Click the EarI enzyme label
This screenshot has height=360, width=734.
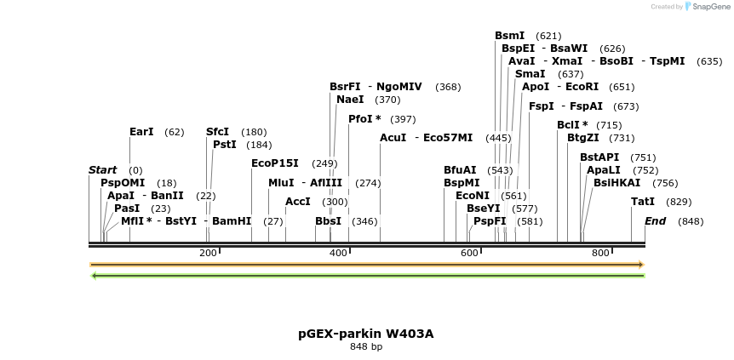coord(141,132)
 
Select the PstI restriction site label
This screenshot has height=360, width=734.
coord(225,145)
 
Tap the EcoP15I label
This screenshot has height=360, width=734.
coord(275,163)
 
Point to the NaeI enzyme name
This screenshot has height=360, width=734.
coord(350,100)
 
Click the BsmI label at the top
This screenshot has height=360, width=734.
coord(510,36)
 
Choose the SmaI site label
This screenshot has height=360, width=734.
coord(530,74)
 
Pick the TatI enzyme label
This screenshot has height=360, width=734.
coord(643,202)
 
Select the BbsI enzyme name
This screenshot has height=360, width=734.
coord(328,221)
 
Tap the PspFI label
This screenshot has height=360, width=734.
coord(490,221)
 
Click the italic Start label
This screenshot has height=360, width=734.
coord(102,170)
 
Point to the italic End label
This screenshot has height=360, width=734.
coord(655,221)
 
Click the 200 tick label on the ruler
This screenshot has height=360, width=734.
coord(208,254)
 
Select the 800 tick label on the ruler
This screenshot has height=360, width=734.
coord(600,254)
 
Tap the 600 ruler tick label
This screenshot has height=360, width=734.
coord(469,254)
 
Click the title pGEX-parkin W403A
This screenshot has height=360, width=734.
coord(366,334)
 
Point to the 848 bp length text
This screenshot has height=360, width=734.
coord(366,347)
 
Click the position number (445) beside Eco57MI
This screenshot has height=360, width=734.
coord(498,138)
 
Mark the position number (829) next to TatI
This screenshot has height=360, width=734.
coord(679,202)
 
